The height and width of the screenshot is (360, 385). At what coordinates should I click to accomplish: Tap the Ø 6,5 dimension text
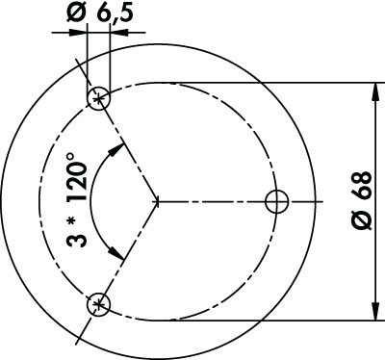pos(100,14)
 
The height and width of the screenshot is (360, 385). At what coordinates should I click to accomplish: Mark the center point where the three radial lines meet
pos(157,202)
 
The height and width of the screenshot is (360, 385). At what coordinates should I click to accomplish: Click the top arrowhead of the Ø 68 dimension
pos(375,92)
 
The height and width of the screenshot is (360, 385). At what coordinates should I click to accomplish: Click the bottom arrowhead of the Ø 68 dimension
pos(375,311)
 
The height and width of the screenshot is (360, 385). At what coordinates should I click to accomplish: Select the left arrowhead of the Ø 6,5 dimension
pos(78,33)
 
